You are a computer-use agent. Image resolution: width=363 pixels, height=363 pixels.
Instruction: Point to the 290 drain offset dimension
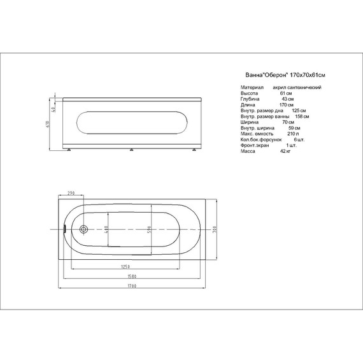click(71, 193)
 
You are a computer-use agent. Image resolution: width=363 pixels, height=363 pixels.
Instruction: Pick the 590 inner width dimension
click(150, 229)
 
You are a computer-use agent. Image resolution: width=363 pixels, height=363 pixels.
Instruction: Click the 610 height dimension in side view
click(48, 124)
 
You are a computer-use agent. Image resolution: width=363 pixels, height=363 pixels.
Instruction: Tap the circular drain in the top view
click(83, 229)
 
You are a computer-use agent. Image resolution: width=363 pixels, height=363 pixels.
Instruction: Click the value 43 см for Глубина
click(287, 99)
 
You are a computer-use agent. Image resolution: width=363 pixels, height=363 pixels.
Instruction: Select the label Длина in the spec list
click(248, 104)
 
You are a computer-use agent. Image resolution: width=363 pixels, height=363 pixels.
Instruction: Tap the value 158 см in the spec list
click(302, 116)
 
